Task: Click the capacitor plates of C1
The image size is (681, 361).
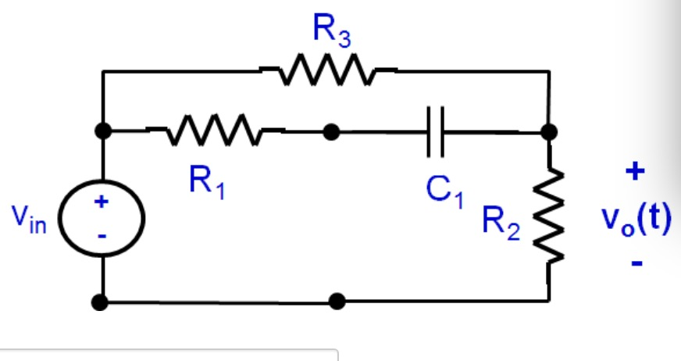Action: [x=435, y=132]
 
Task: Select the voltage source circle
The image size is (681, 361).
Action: [x=102, y=218]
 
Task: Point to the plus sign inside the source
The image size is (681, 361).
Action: [x=101, y=202]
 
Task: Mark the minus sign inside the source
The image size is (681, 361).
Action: [x=101, y=235]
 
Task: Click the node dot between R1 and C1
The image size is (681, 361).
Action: [x=332, y=132]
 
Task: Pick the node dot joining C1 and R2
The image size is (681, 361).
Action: [x=550, y=132]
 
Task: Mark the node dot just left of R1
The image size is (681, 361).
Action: [x=102, y=131]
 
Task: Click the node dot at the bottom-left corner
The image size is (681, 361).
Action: [x=102, y=301]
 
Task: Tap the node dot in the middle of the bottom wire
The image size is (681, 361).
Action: [x=337, y=301]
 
